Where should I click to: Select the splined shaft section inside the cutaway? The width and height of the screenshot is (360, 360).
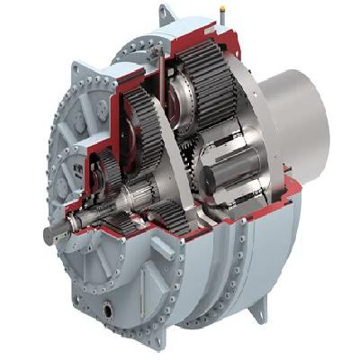135,193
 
